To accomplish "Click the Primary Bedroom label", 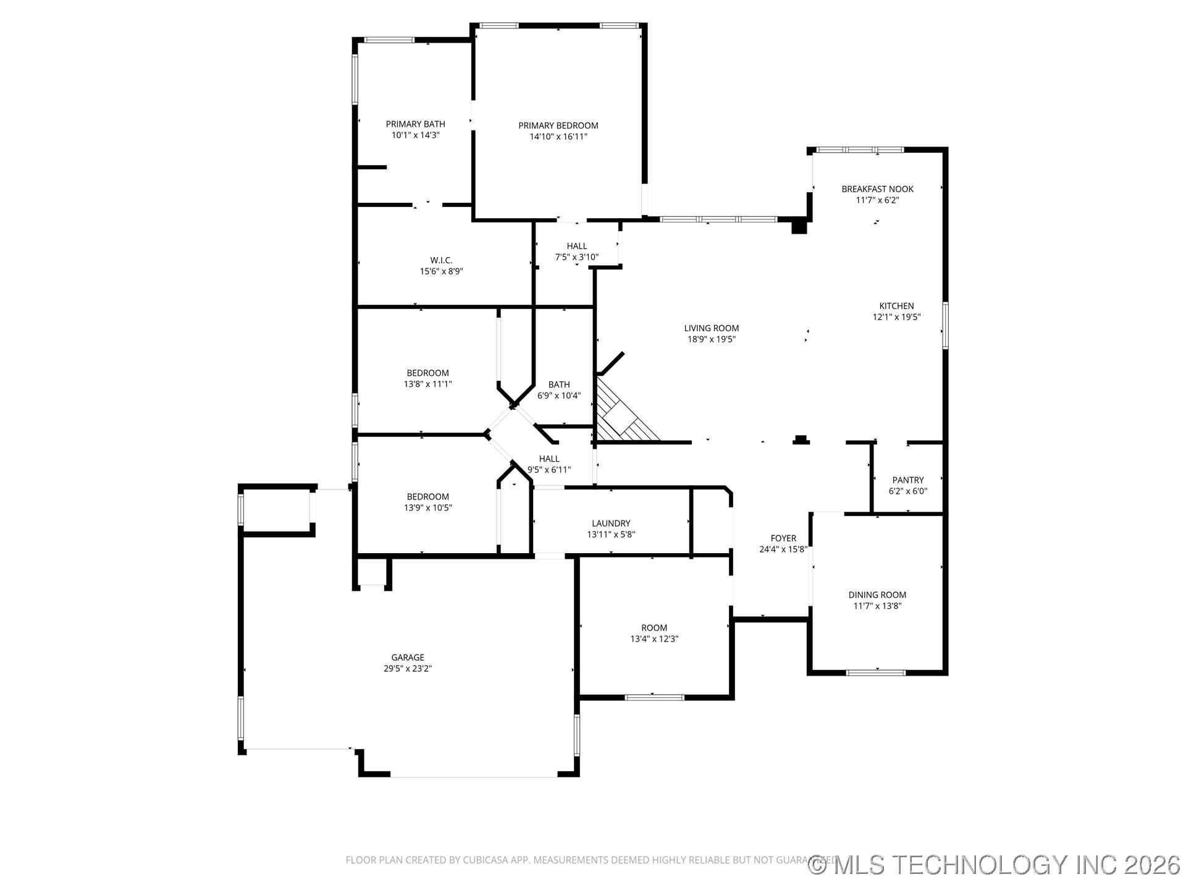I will click(558, 125).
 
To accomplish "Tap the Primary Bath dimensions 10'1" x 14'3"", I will click(415, 135).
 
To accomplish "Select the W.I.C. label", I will click(441, 260).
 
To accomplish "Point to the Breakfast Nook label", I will click(877, 189).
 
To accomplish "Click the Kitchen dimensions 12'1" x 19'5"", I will click(896, 317).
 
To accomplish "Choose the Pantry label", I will click(907, 480).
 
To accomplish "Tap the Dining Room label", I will click(877, 595).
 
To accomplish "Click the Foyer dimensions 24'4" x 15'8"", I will click(783, 549).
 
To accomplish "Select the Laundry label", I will click(610, 523).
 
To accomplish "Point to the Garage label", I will click(407, 658).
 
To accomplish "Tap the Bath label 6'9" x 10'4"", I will click(558, 384).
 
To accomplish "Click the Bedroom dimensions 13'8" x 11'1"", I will click(427, 384).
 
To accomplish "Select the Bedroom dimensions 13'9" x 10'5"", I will click(427, 508).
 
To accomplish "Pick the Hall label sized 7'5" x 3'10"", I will click(576, 246).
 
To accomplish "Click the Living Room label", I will click(711, 328).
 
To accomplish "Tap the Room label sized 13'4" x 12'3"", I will click(654, 628).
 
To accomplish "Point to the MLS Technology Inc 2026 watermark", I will click(995, 865).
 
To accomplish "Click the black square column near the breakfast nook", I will click(799, 227).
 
